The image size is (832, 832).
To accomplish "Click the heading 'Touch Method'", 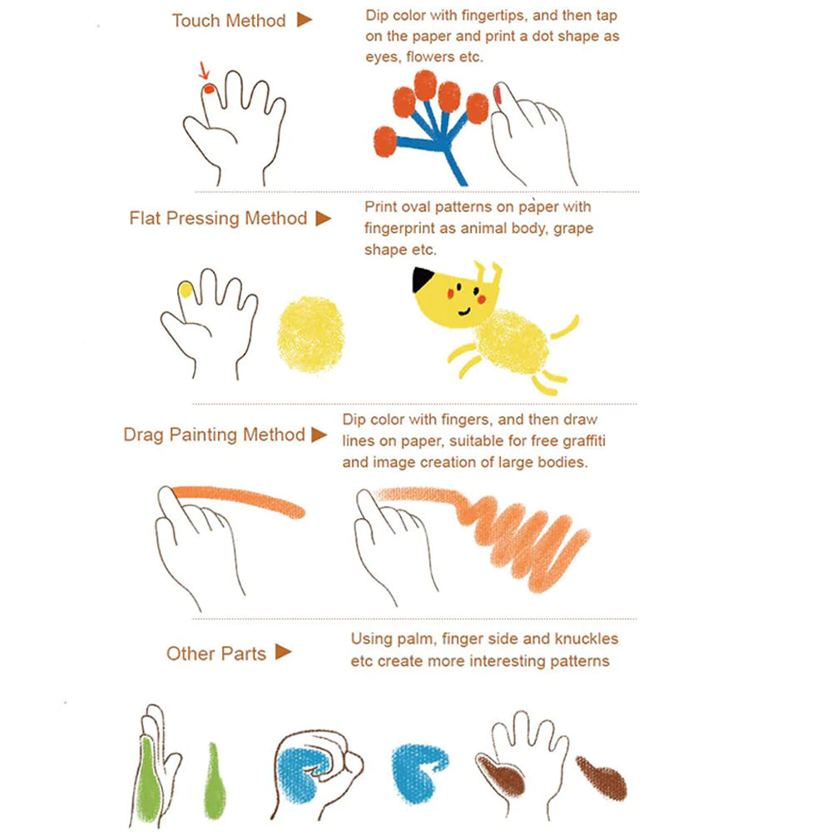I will [229, 21].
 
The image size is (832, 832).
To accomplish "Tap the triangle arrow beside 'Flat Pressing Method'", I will [323, 219].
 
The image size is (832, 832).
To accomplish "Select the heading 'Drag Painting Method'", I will [214, 434].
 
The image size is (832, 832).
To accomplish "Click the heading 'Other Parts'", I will [215, 653].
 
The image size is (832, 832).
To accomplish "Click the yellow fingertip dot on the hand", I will [186, 290].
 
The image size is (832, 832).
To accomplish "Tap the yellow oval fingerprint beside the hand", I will [310, 334].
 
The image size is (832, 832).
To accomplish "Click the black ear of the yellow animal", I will [422, 279].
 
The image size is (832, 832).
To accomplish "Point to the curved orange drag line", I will [241, 497].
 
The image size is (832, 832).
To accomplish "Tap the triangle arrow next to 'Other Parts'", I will [284, 652].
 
